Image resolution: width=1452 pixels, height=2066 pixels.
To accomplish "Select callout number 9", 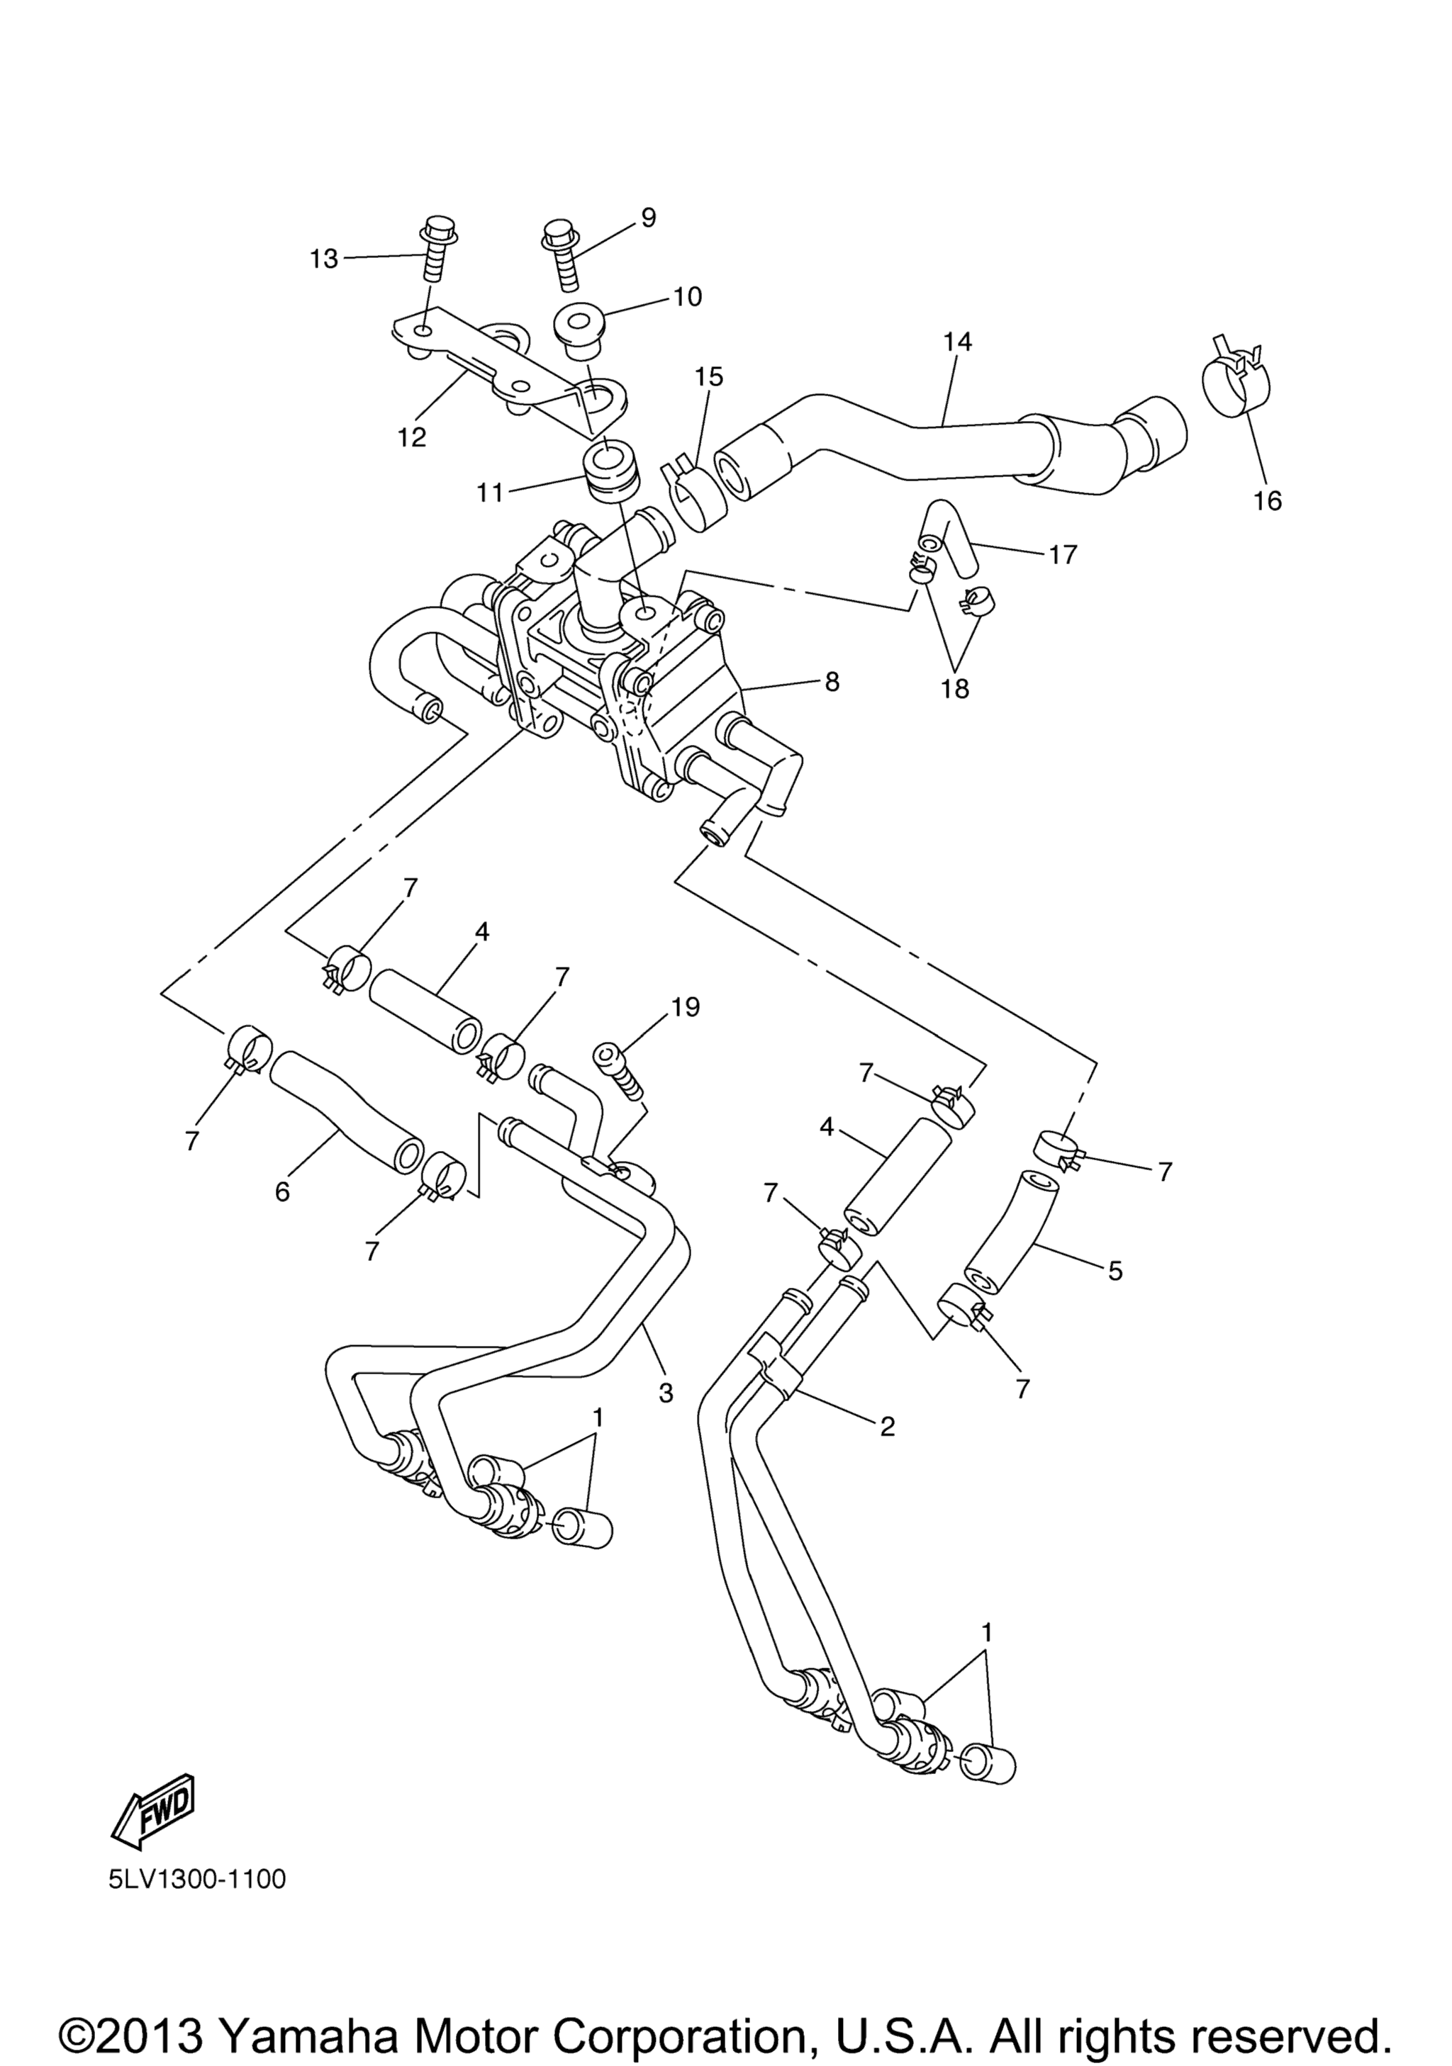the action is (x=648, y=217).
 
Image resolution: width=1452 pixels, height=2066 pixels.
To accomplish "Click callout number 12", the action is (x=413, y=437).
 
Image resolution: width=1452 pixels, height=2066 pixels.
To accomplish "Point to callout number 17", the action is (x=1062, y=554).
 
